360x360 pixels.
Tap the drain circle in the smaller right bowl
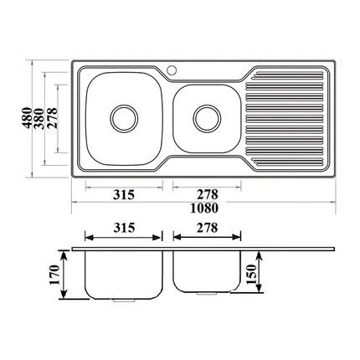(204, 117)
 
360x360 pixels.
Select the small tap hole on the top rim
(173, 69)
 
